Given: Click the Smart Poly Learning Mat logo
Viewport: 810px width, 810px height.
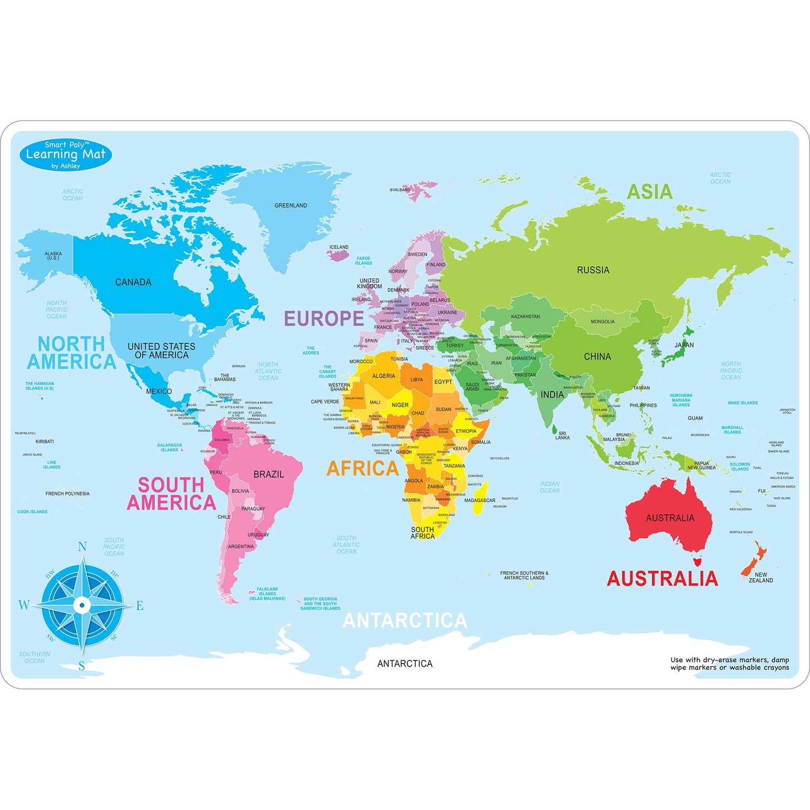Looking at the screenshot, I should [x=65, y=155].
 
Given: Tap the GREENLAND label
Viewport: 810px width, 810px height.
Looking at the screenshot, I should [x=290, y=206].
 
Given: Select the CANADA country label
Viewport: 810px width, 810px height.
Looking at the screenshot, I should [x=133, y=282].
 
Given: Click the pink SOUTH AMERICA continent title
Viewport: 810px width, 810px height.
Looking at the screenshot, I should [x=171, y=494].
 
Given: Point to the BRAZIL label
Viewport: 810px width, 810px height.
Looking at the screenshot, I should [x=268, y=475].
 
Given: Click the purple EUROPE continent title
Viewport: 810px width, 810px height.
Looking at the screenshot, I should [x=324, y=318].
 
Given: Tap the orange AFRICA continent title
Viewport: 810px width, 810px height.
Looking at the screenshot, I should [x=363, y=469].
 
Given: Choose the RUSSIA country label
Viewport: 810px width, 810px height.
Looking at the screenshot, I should [x=593, y=271].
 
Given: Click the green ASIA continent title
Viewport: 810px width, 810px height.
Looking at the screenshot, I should [x=650, y=192].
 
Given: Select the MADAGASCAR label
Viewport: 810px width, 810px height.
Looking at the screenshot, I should [x=479, y=501].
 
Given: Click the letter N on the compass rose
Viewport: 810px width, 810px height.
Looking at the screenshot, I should [x=82, y=547].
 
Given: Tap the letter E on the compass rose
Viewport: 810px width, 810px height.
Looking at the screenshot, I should [x=139, y=606].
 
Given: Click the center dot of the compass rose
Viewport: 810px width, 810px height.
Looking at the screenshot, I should [x=82, y=605].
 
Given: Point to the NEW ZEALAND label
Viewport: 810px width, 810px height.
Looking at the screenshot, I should [x=760, y=578].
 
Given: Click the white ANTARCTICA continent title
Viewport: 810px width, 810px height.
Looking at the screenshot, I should [x=405, y=621].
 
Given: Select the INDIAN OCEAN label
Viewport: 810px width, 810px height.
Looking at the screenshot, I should [x=550, y=487].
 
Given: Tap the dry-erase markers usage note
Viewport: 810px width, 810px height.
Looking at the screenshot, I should [x=729, y=664].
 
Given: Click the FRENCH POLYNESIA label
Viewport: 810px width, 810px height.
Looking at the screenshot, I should [x=67, y=494].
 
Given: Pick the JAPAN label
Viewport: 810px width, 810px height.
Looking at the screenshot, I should [x=684, y=345].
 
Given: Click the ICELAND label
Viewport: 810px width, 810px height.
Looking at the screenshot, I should [x=339, y=247].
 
